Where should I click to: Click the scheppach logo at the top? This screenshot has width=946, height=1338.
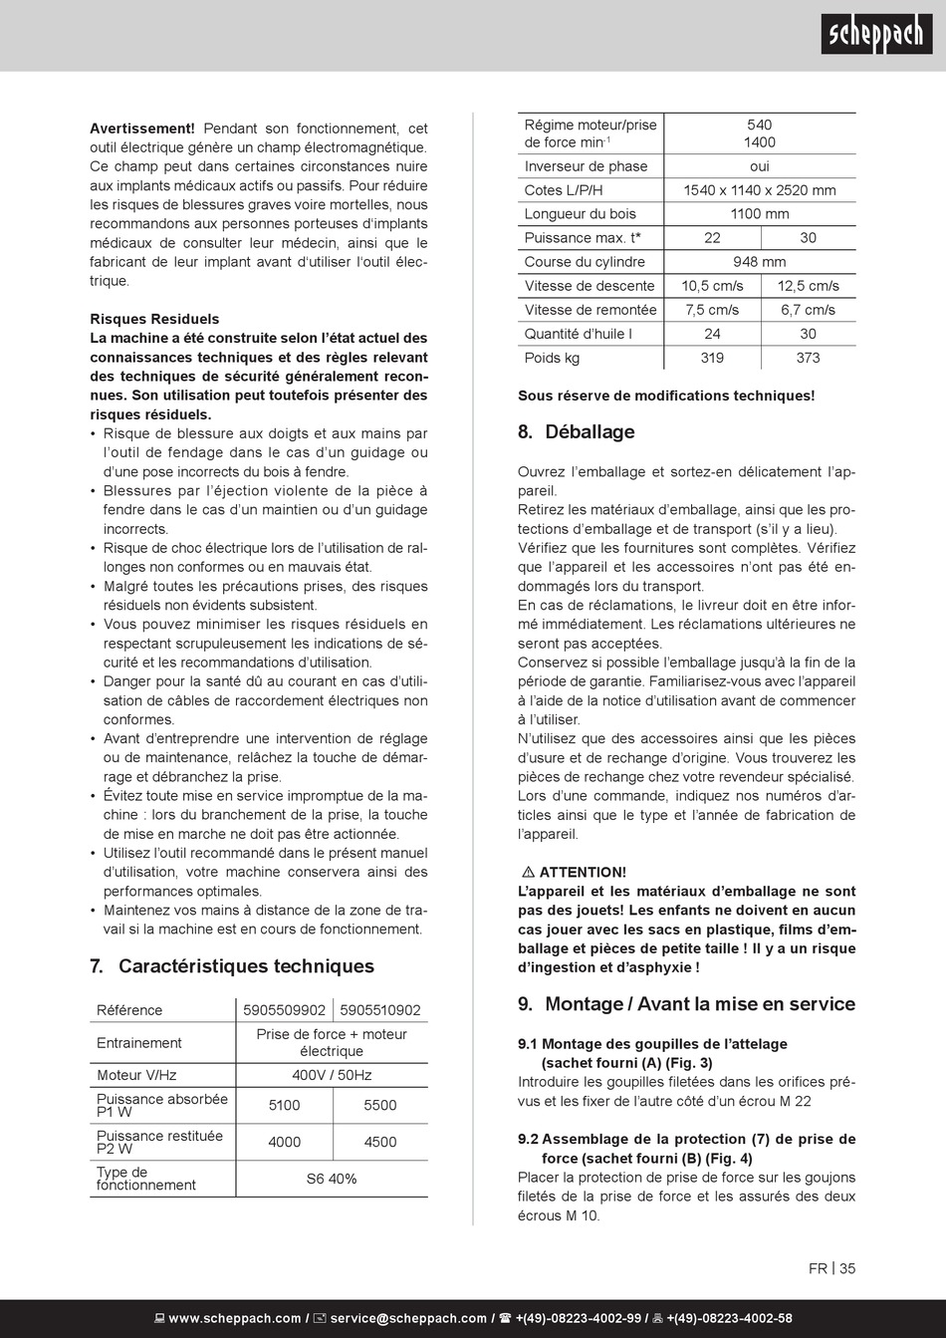click(876, 37)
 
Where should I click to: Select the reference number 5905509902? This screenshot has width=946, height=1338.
click(284, 1010)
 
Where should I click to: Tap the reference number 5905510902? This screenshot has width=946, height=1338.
click(380, 1010)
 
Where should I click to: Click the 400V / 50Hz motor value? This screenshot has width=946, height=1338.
click(332, 1075)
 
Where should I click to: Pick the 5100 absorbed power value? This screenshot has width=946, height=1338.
click(284, 1105)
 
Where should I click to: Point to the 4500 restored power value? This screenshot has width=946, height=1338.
click(380, 1142)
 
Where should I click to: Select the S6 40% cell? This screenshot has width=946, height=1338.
click(332, 1179)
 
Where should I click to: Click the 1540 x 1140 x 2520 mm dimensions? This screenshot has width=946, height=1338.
click(759, 190)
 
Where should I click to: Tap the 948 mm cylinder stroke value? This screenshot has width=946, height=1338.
click(759, 262)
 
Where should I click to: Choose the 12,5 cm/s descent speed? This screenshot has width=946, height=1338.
click(808, 286)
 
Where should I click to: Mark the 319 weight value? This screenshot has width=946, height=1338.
click(712, 358)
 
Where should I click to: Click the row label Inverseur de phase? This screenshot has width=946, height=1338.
click(586, 166)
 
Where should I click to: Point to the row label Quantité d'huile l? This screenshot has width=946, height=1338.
click(578, 334)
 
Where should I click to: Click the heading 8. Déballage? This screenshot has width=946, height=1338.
click(576, 431)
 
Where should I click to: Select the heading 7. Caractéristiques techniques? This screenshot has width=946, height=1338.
click(232, 965)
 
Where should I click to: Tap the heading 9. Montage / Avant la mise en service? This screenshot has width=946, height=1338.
click(686, 1003)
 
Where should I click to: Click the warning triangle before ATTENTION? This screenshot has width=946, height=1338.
click(528, 872)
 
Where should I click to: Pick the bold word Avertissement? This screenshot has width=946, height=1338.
click(142, 129)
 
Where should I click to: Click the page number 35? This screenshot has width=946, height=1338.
click(847, 1268)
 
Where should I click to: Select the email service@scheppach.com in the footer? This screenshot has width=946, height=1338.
click(408, 1318)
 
